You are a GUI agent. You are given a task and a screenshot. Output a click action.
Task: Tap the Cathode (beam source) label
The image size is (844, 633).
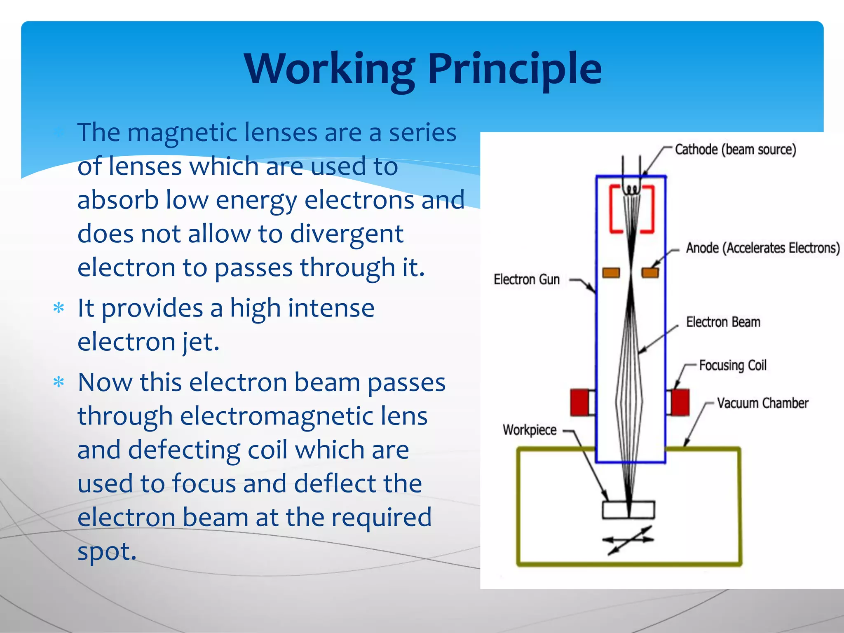click(735, 149)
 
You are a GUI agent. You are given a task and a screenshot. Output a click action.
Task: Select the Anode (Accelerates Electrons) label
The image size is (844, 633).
click(762, 248)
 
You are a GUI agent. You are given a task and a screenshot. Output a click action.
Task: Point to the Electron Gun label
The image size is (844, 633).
click(527, 279)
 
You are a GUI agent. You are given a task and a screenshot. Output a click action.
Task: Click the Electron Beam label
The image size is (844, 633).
click(723, 322)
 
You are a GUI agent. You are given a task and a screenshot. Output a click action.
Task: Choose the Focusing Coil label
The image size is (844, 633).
click(732, 365)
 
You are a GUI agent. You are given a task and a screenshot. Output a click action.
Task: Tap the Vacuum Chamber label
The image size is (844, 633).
click(762, 403)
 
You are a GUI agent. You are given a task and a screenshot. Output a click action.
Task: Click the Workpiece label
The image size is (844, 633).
click(529, 430)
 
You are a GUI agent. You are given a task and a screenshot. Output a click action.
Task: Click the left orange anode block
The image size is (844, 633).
click(611, 272)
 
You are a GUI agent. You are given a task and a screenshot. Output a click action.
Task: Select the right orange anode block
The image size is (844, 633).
click(650, 272)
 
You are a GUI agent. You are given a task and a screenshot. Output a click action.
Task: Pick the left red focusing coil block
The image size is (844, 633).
click(579, 402)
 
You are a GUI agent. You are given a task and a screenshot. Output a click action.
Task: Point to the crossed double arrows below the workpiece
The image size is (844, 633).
click(628, 539)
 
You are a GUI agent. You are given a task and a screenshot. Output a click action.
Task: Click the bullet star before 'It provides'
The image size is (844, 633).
click(59, 308)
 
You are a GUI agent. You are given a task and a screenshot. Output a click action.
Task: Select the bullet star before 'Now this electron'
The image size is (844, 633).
click(59, 382)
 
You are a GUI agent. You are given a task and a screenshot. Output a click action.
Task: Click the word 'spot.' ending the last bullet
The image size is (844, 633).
click(107, 551)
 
